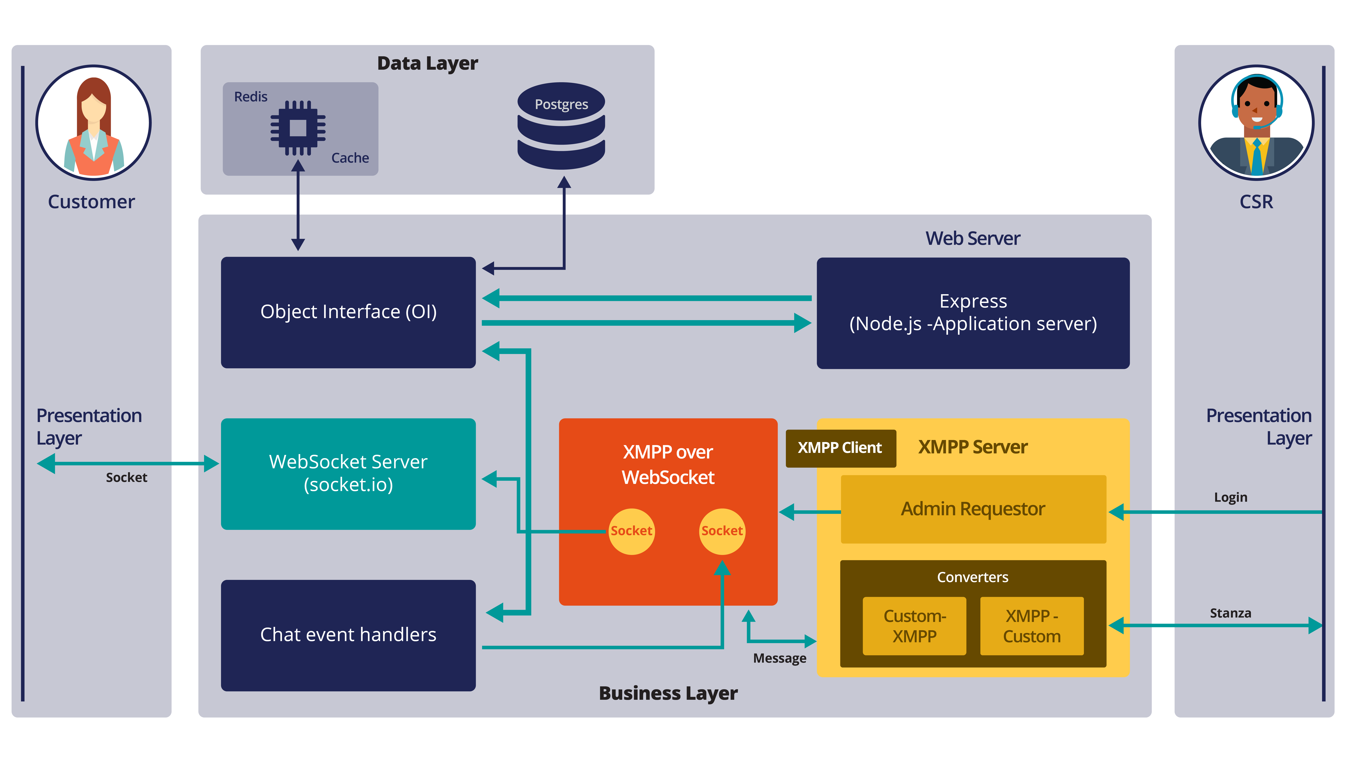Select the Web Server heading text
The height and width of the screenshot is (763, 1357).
coord(972,239)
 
